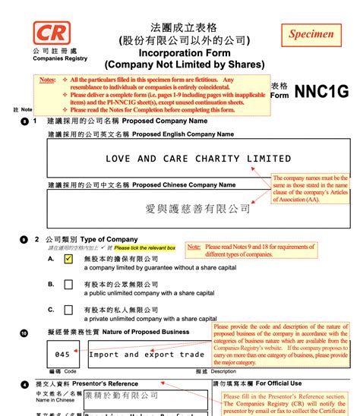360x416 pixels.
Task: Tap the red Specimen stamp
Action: (311, 34)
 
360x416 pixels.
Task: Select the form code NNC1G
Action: (322, 90)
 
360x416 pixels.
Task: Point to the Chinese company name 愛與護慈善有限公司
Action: (197, 208)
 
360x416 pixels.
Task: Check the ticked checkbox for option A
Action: (69, 259)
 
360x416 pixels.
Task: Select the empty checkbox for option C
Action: (69, 310)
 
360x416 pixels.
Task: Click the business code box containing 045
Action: (63, 354)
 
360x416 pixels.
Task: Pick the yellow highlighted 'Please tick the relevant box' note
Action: (145, 247)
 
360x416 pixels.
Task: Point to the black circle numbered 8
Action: (24, 121)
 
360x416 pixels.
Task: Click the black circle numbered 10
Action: (24, 332)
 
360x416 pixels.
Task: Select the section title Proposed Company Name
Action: (164, 121)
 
